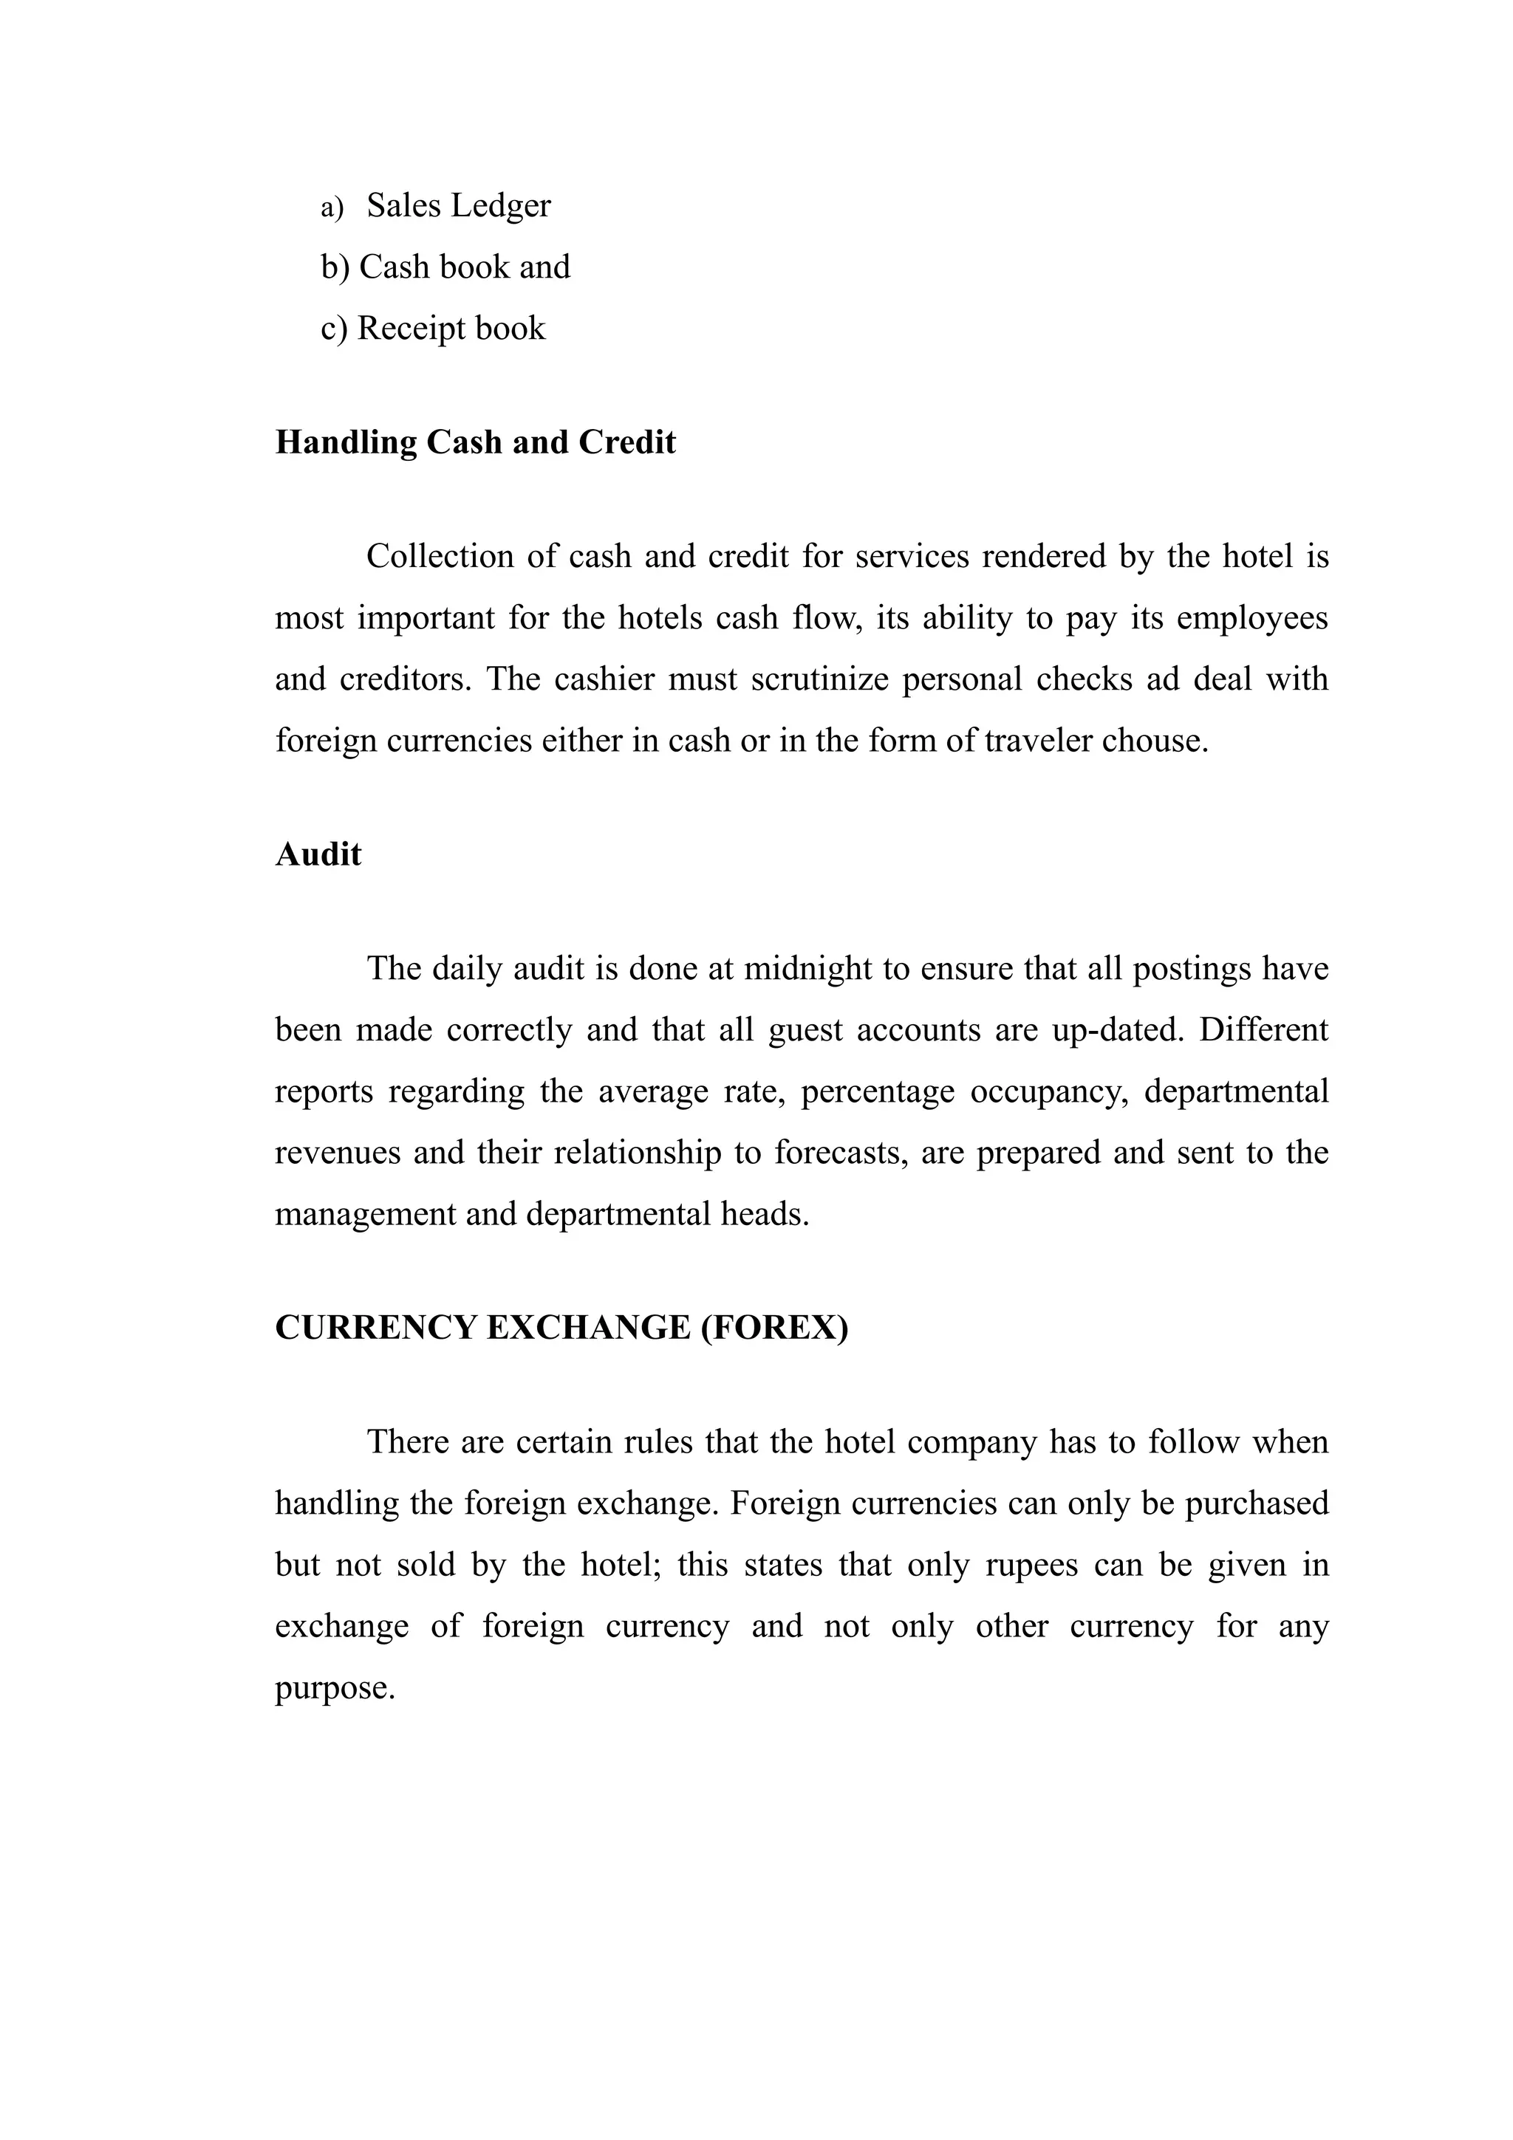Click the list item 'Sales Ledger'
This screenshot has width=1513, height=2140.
[x=458, y=206]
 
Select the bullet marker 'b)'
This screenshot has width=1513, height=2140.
[x=335, y=267]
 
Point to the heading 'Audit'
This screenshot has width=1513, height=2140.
[x=318, y=854]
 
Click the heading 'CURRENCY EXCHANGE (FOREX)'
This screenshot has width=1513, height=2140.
[x=561, y=1327]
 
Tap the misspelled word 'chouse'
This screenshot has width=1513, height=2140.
[x=1151, y=741]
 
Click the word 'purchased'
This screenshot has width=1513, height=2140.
[x=1256, y=1503]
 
